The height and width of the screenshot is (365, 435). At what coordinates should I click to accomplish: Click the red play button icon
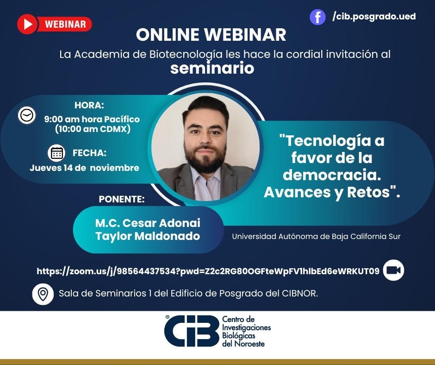(27, 24)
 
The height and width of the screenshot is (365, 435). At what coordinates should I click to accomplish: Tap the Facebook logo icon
(317, 17)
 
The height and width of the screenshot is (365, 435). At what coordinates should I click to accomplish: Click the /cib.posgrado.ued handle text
(374, 17)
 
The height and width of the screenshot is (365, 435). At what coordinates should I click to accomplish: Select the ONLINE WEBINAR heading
(211, 35)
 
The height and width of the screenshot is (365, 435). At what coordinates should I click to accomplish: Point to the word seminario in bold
(212, 68)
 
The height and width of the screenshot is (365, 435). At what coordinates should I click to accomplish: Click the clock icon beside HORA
(27, 115)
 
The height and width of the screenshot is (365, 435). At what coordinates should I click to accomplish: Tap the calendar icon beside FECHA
(57, 153)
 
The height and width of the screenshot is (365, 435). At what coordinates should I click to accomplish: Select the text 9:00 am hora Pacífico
(92, 119)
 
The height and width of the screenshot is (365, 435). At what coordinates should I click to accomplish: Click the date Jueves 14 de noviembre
(84, 168)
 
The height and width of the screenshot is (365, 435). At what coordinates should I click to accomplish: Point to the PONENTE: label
(122, 199)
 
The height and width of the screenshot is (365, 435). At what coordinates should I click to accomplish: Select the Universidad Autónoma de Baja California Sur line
(316, 236)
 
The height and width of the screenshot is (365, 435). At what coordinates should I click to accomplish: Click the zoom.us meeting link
(208, 271)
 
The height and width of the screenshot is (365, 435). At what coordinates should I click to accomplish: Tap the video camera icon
(393, 271)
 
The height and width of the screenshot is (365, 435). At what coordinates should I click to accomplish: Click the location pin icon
(43, 294)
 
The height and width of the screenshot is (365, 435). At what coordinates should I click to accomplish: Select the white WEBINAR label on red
(65, 24)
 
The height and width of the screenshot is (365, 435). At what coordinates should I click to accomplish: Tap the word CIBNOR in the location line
(299, 294)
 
